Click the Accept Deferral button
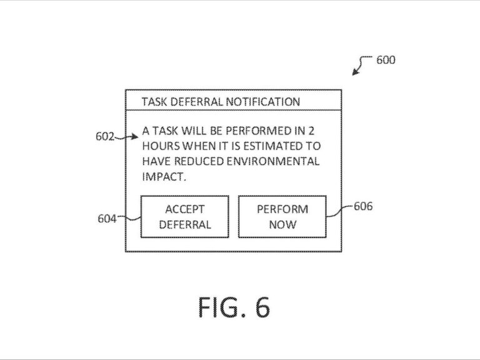184,216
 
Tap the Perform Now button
282,216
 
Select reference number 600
386,61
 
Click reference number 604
107,219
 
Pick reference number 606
363,206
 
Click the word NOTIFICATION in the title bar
263,101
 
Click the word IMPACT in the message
164,176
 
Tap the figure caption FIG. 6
234,307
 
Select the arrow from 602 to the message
129,135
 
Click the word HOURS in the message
159,146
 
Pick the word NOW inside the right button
282,224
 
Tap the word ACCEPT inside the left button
184,209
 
